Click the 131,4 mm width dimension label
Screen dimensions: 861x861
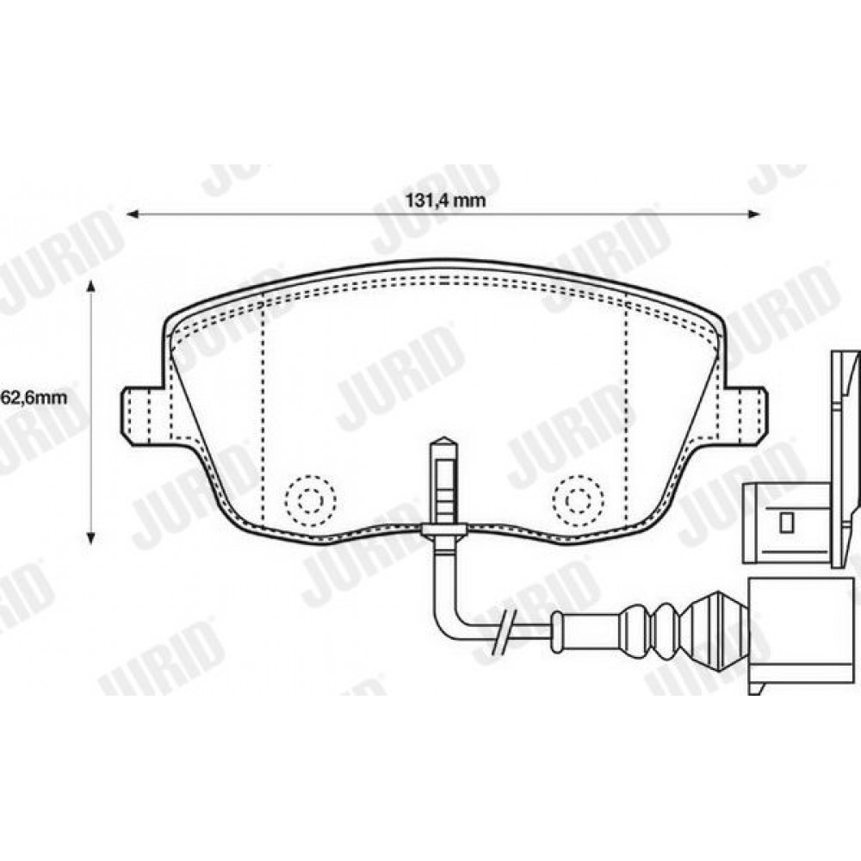click(x=445, y=200)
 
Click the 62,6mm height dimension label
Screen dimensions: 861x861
click(x=34, y=396)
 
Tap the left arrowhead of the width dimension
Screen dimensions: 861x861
click(x=133, y=214)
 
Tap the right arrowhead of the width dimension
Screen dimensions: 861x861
click(x=754, y=214)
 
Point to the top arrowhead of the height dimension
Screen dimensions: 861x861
click(x=91, y=287)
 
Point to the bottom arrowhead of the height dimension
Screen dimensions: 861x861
click(x=91, y=537)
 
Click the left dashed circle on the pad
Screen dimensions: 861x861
click(x=310, y=499)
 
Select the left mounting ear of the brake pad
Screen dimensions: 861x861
click(x=143, y=415)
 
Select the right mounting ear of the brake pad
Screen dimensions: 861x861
click(x=744, y=415)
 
